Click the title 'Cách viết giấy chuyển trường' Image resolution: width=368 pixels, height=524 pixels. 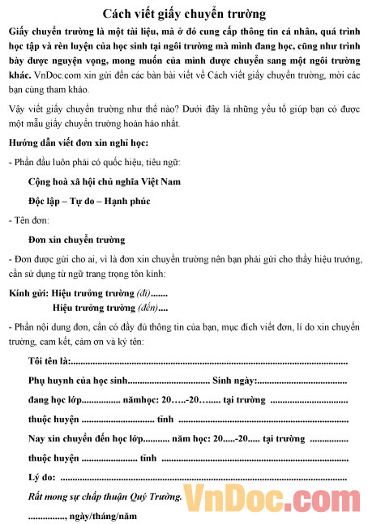185,14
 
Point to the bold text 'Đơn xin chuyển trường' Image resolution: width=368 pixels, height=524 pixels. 76,240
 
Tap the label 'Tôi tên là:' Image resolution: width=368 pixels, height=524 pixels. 49,360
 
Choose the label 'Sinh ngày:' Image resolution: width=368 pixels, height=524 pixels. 233,381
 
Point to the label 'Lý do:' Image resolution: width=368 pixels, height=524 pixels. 41,477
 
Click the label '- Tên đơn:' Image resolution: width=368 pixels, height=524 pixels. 28,220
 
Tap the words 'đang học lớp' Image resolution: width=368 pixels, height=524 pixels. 55,400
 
